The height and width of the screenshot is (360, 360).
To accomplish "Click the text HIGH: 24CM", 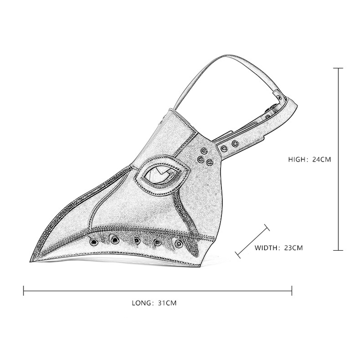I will (x=310, y=159).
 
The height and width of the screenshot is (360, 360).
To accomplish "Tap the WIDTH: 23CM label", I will (x=279, y=247).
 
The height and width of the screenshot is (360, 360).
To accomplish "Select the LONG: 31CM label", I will (x=154, y=303).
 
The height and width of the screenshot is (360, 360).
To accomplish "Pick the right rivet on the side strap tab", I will (x=234, y=144).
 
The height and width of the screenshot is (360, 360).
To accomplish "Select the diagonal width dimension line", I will (x=252, y=241).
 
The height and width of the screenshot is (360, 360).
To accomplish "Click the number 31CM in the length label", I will (x=167, y=303).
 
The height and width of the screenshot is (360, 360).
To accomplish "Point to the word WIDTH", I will (x=267, y=247).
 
